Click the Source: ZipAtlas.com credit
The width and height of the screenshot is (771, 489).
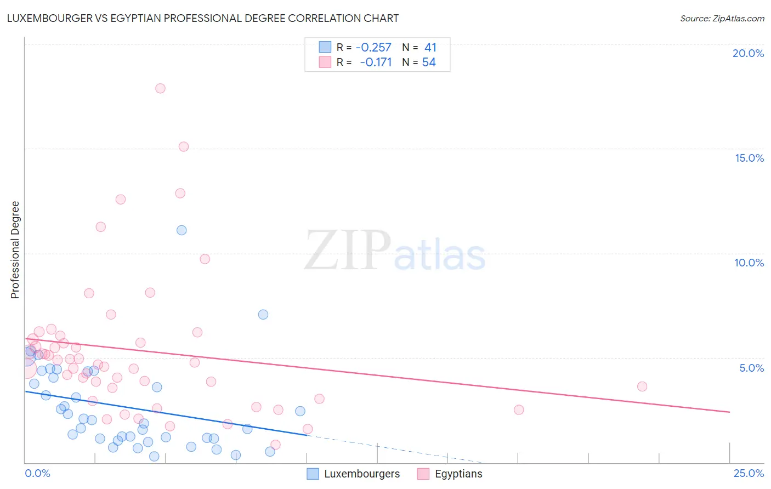coord(722,18)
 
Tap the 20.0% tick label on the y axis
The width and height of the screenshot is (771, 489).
coord(748,53)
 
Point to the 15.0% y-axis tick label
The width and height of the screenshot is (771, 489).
coord(749,158)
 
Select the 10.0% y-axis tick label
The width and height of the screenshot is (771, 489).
coord(749,263)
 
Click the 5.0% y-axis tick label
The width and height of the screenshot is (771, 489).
coord(751,368)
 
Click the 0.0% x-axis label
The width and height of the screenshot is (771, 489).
coord(37,473)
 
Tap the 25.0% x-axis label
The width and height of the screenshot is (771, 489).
coord(749,473)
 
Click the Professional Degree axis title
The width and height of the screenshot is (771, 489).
coord(15,250)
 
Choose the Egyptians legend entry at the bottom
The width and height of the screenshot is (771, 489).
coord(458,474)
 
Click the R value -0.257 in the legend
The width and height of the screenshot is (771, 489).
coord(373,48)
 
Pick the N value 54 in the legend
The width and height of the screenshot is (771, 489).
coord(429,62)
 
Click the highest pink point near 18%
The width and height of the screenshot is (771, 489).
coord(160,88)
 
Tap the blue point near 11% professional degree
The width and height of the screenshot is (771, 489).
coord(182,230)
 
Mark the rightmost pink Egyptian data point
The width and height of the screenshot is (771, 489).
coord(642,386)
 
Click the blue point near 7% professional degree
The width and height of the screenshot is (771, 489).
coord(263,315)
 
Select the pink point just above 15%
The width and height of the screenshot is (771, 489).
coord(184,147)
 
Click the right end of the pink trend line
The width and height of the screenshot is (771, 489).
coord(729,412)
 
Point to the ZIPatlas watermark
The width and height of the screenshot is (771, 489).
coord(395,252)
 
